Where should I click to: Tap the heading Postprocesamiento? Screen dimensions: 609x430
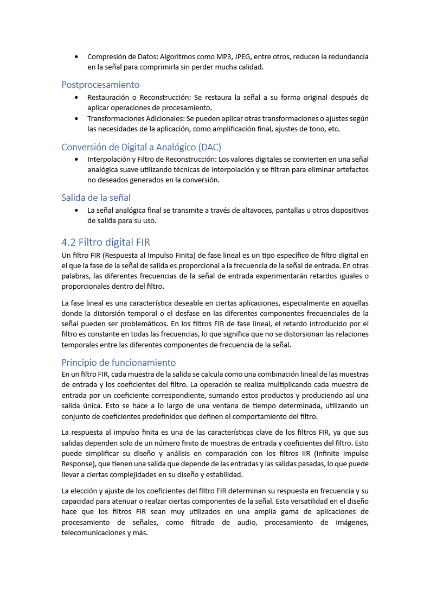[100, 85]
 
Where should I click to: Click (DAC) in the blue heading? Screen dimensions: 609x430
[210, 147]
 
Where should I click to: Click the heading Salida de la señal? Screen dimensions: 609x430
[96, 198]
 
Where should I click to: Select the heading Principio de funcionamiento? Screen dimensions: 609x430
[118, 362]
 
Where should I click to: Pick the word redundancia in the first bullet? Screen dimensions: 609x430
[348, 56]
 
